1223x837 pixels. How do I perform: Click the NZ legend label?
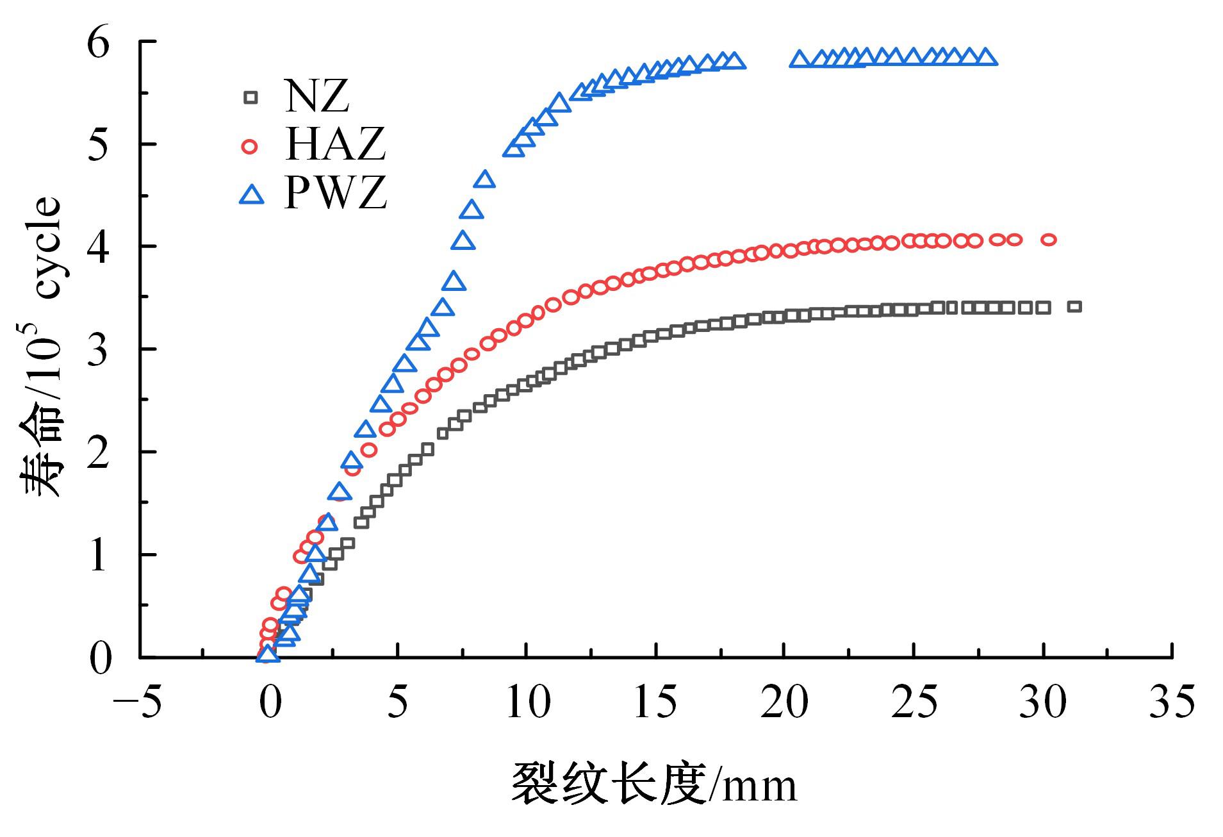click(317, 96)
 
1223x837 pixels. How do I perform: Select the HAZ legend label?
click(335, 145)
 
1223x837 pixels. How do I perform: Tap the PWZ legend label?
click(336, 193)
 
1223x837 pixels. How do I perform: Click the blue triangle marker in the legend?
click(252, 195)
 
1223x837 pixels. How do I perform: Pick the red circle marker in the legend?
click(250, 147)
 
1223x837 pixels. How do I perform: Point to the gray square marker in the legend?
click(250, 97)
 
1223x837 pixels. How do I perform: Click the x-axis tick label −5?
click(137, 702)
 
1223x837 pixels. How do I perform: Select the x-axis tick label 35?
click(1172, 702)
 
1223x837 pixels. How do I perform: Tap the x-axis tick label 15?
click(655, 702)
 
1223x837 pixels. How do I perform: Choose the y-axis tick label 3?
click(99, 350)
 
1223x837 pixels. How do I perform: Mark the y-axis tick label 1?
click(99, 555)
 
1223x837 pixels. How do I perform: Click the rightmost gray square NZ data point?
click(1074, 306)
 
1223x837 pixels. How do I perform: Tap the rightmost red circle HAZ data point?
click(1048, 240)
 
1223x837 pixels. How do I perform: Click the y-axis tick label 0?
click(99, 658)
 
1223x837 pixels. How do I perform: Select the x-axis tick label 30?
click(1043, 702)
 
